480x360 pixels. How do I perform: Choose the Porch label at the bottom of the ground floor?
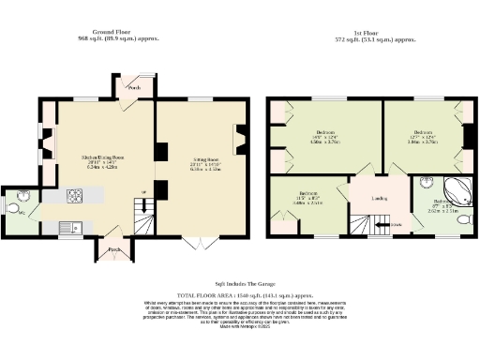pos(113,249)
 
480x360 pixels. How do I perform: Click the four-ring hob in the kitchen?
pos(73,197)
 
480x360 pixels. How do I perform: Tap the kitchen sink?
pos(67,226)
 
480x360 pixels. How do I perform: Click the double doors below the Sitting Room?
pos(194,244)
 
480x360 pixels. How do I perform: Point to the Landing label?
pos(379,198)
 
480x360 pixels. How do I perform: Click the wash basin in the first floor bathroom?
pos(424,185)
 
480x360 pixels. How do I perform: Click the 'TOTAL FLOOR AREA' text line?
pos(240,294)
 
